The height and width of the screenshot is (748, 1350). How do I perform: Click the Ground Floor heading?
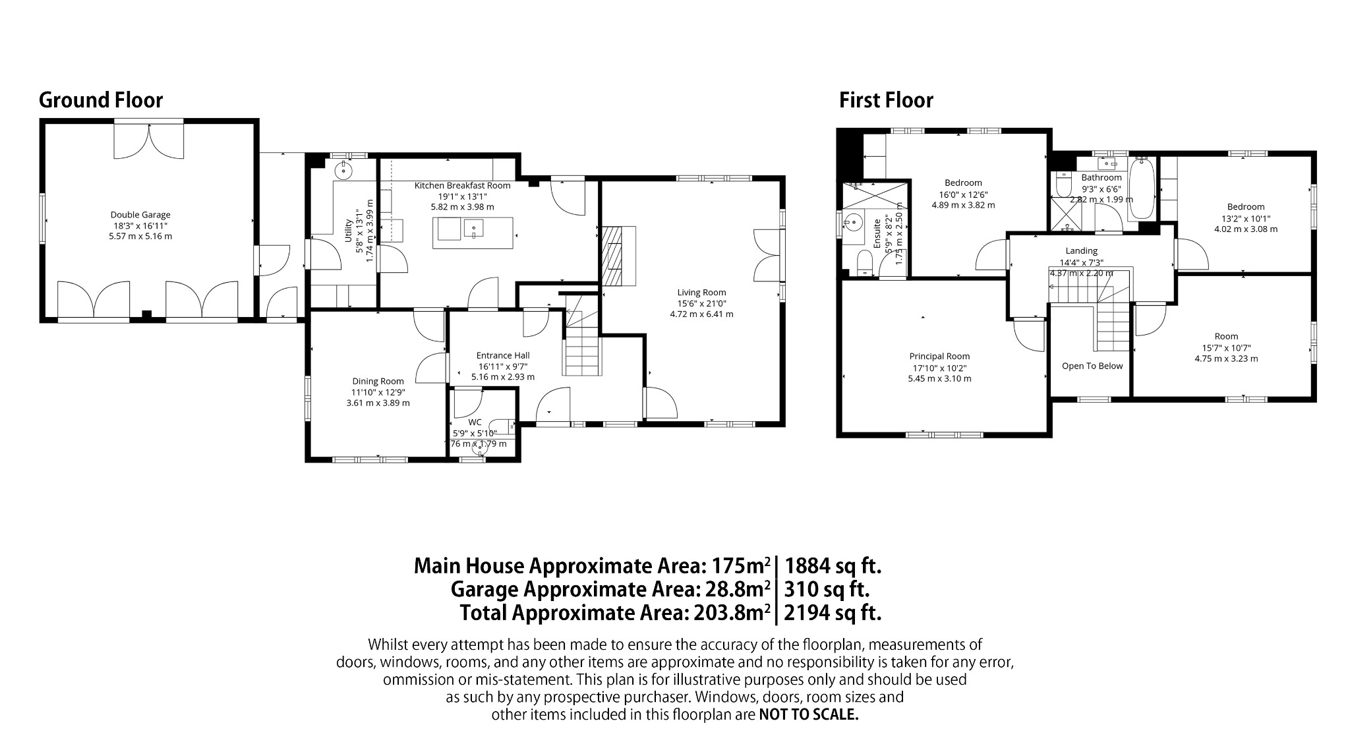(x=100, y=100)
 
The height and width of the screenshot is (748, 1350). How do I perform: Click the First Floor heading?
(x=885, y=100)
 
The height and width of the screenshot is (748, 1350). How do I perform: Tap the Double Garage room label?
(x=140, y=214)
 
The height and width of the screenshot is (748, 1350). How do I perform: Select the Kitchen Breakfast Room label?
(x=462, y=185)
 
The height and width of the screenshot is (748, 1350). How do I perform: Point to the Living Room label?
(x=701, y=292)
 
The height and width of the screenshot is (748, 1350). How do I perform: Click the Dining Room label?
(x=378, y=381)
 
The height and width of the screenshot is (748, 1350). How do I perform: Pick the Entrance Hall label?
(x=503, y=355)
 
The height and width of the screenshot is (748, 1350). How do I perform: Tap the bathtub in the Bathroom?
(x=1142, y=189)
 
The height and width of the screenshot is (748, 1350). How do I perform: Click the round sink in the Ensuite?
(x=854, y=221)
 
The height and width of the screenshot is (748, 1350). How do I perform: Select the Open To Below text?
(x=1092, y=366)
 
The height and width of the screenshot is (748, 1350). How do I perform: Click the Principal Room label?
(x=939, y=356)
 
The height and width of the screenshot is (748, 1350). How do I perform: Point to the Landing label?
(x=1081, y=250)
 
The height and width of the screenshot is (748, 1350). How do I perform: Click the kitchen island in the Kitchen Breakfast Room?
(x=473, y=233)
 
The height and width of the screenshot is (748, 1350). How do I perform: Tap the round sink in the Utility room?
(x=343, y=170)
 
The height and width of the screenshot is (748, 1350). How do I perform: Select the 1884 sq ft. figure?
(x=833, y=565)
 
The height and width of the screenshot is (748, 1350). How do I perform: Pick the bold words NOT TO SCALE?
(x=809, y=714)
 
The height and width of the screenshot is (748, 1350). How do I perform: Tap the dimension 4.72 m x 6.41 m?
(x=701, y=314)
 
